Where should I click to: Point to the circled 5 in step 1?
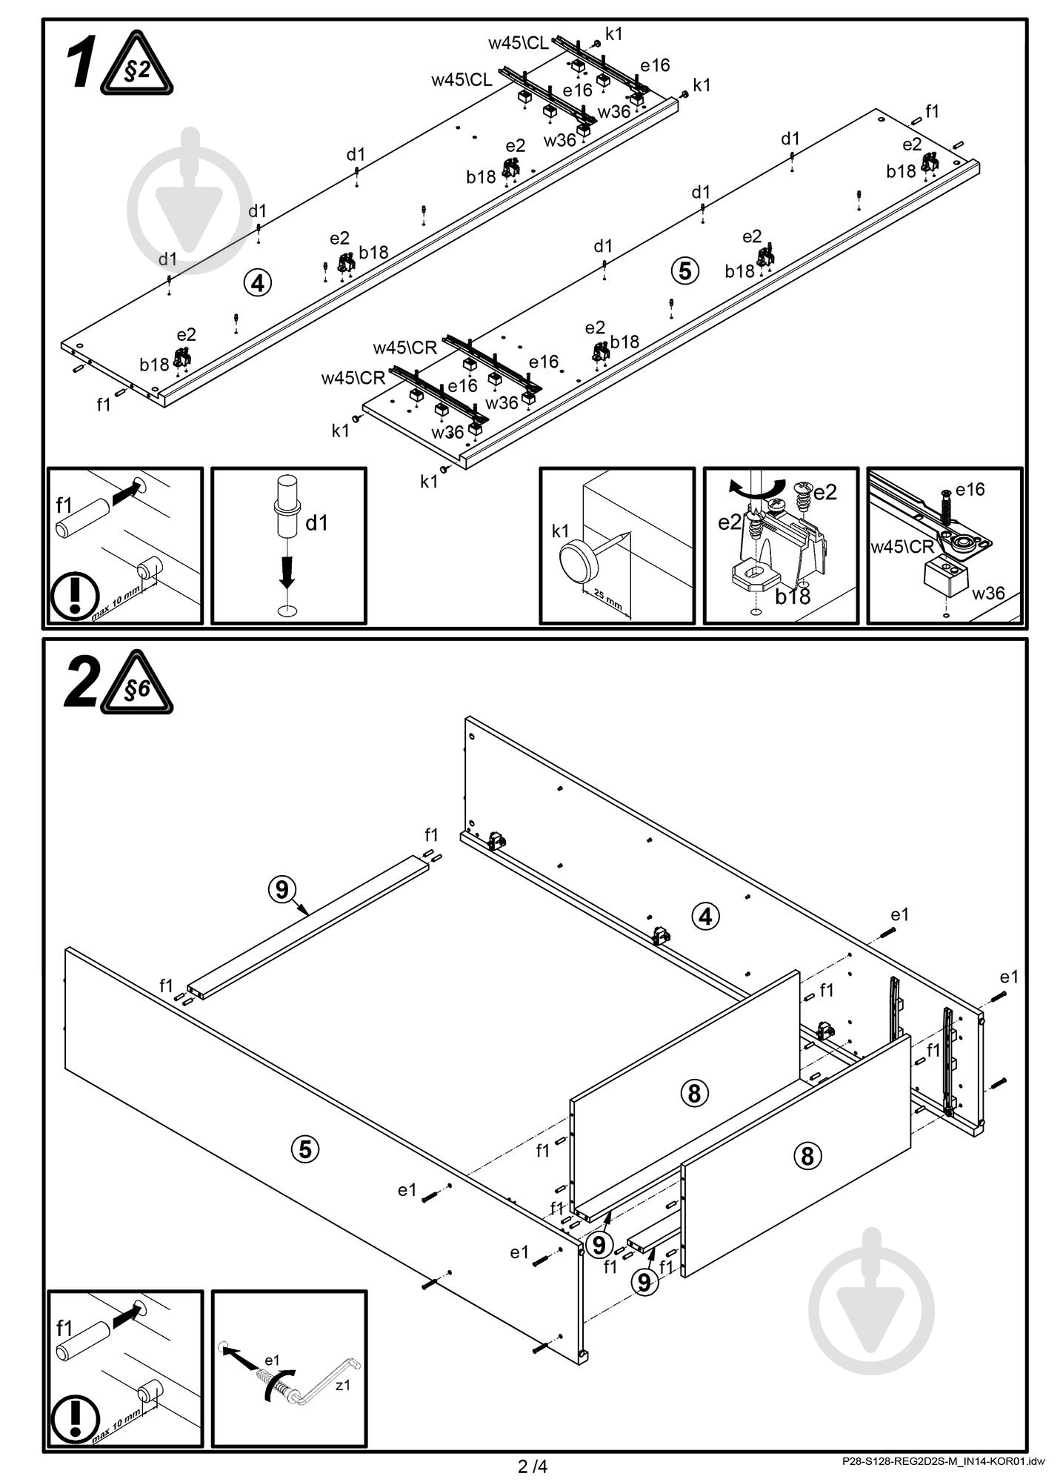pyautogui.click(x=684, y=271)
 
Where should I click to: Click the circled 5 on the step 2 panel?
pyautogui.click(x=304, y=1149)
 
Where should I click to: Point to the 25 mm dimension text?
pyautogui.click(x=607, y=599)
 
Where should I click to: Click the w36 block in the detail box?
pyautogui.click(x=945, y=576)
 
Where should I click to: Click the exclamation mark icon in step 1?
pyautogui.click(x=75, y=596)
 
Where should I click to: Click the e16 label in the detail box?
pyautogui.click(x=970, y=489)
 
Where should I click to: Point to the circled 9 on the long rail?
pyautogui.click(x=281, y=888)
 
